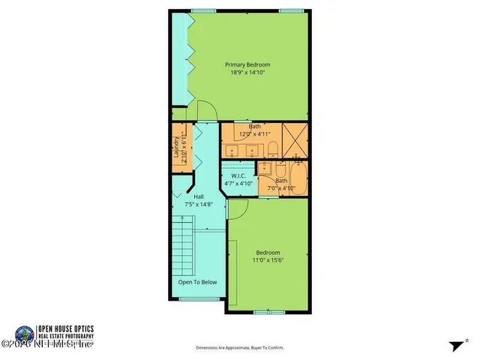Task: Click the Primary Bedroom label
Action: pyautogui.click(x=247, y=65)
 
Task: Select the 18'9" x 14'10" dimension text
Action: pyautogui.click(x=247, y=73)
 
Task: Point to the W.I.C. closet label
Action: pyautogui.click(x=238, y=176)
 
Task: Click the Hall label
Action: pyautogui.click(x=199, y=196)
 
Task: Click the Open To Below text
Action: pyautogui.click(x=198, y=283)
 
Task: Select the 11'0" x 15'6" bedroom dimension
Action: pyautogui.click(x=268, y=260)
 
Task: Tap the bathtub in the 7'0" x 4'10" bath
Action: pyautogui.click(x=299, y=180)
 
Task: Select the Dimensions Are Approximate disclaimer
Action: pyautogui.click(x=240, y=348)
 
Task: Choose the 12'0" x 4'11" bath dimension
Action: pyautogui.click(x=255, y=134)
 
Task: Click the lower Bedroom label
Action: pyautogui.click(x=268, y=252)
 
